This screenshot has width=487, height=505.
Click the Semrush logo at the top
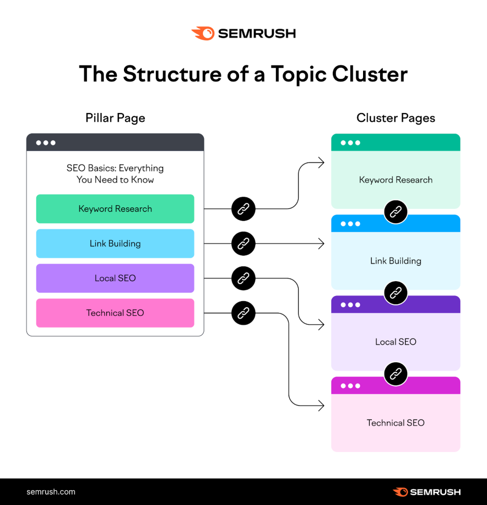244,34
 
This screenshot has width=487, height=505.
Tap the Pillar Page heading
115,118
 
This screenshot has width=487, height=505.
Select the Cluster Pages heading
396,118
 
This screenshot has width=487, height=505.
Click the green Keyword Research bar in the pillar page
115,209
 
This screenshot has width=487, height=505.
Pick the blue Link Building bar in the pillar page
115,244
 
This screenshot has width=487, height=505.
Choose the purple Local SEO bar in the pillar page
115,278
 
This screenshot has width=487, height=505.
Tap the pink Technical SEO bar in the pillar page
115,313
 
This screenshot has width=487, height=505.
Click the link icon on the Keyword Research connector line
244,209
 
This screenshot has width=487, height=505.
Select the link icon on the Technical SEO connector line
244,313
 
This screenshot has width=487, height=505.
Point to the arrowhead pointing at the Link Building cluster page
321,244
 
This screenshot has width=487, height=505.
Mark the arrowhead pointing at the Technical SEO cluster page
321,406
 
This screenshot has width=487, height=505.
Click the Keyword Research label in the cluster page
396,180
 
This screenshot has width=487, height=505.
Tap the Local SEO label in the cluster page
396,342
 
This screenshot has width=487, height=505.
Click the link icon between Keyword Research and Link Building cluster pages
396,212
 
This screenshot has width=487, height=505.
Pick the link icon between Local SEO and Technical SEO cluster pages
396,374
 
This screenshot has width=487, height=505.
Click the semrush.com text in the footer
51,492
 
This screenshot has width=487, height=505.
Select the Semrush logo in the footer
426,492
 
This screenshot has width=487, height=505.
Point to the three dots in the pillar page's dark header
46,143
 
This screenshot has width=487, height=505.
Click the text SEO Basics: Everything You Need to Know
115,174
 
